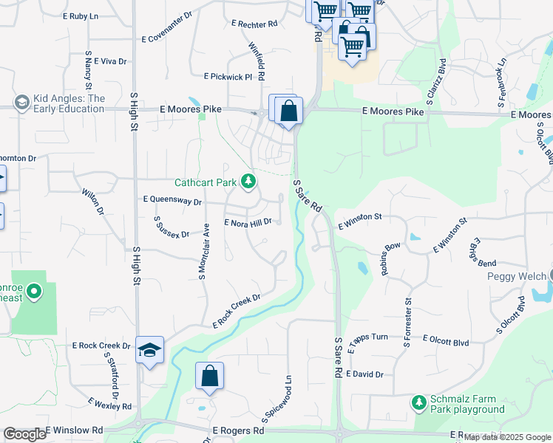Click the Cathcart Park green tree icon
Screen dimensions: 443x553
click(249, 182)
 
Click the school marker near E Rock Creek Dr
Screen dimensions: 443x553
click(149, 351)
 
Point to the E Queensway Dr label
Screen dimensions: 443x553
click(172, 200)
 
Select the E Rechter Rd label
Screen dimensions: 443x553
click(254, 24)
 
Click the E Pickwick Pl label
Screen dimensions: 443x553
click(228, 76)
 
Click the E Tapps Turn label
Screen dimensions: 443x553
click(367, 337)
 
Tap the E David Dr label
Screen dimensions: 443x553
click(364, 374)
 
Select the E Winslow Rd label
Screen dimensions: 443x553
click(74, 430)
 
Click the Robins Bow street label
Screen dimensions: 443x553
click(390, 258)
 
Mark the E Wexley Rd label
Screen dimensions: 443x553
click(109, 404)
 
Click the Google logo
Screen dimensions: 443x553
click(25, 434)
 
